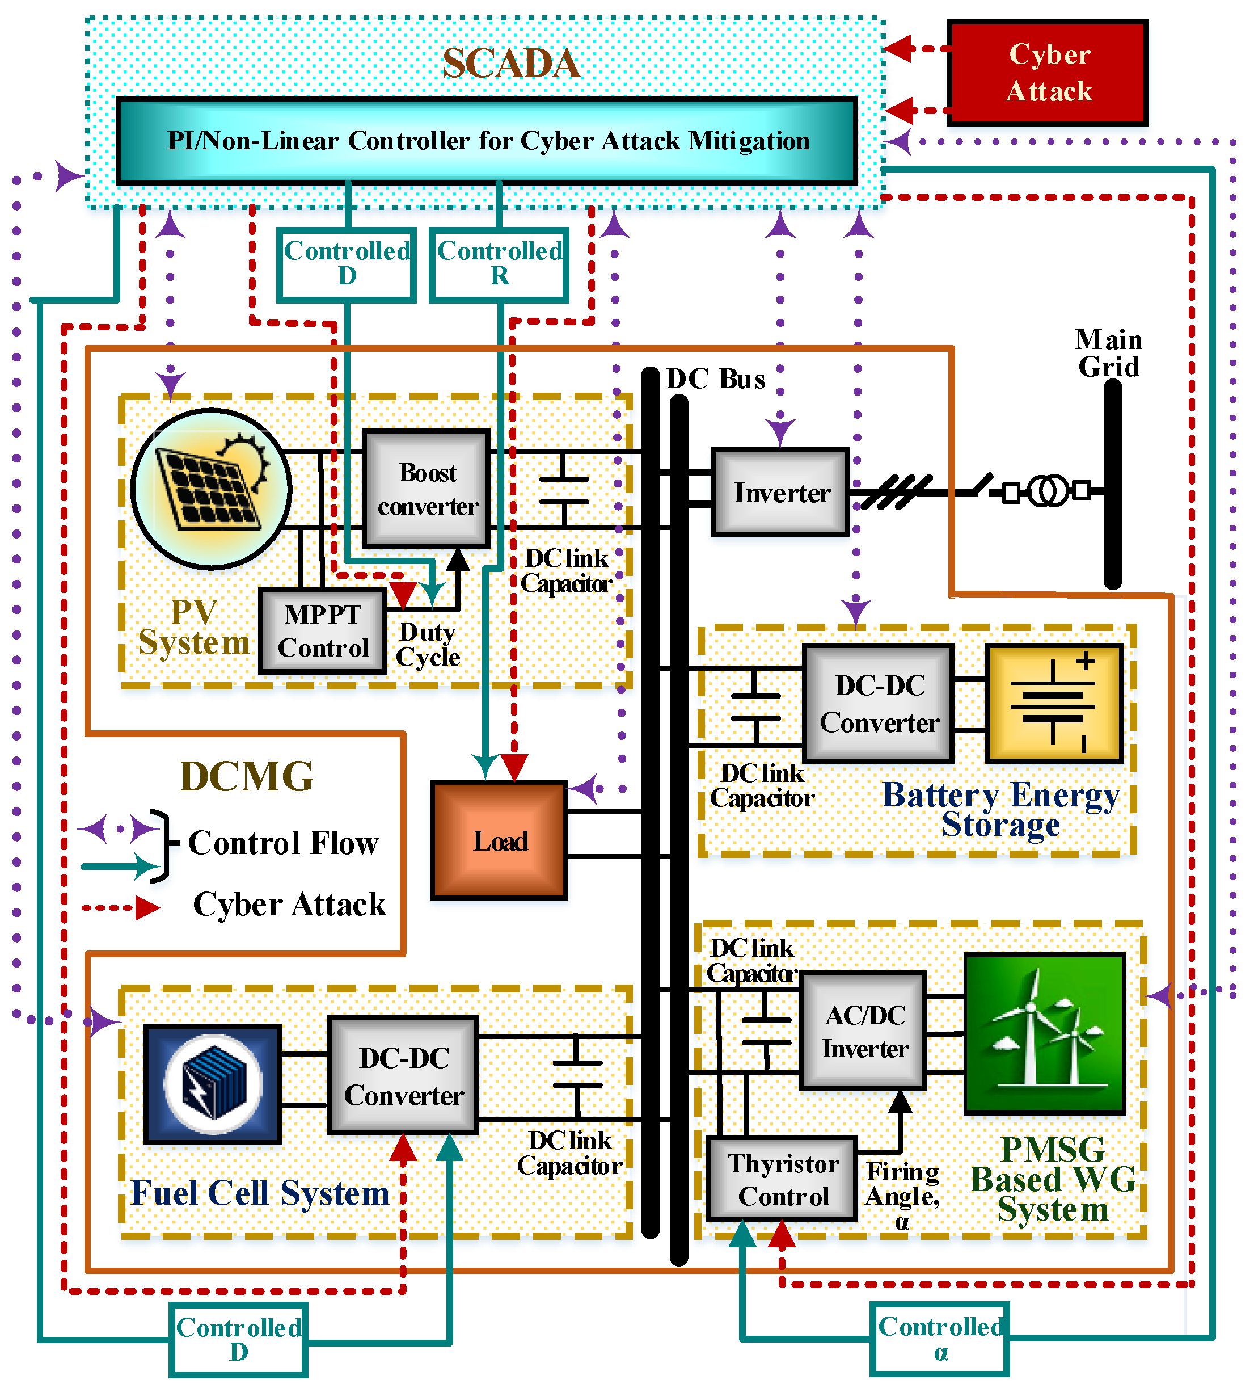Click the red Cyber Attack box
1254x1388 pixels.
pos(1047,72)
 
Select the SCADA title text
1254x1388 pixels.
pos(512,64)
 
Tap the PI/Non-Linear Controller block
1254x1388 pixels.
pos(487,141)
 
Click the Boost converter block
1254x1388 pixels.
pos(427,489)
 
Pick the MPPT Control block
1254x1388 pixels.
pos(322,630)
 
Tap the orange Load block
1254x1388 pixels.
pos(499,840)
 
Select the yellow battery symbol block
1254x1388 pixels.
pos(1054,703)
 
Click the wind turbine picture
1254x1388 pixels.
pos(1044,1033)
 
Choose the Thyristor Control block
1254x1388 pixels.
pos(783,1179)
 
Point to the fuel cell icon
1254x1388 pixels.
pos(213,1084)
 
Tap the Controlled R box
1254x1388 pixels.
pos(499,264)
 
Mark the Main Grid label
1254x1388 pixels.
pos(1108,352)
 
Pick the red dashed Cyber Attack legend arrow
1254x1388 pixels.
pos(120,907)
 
